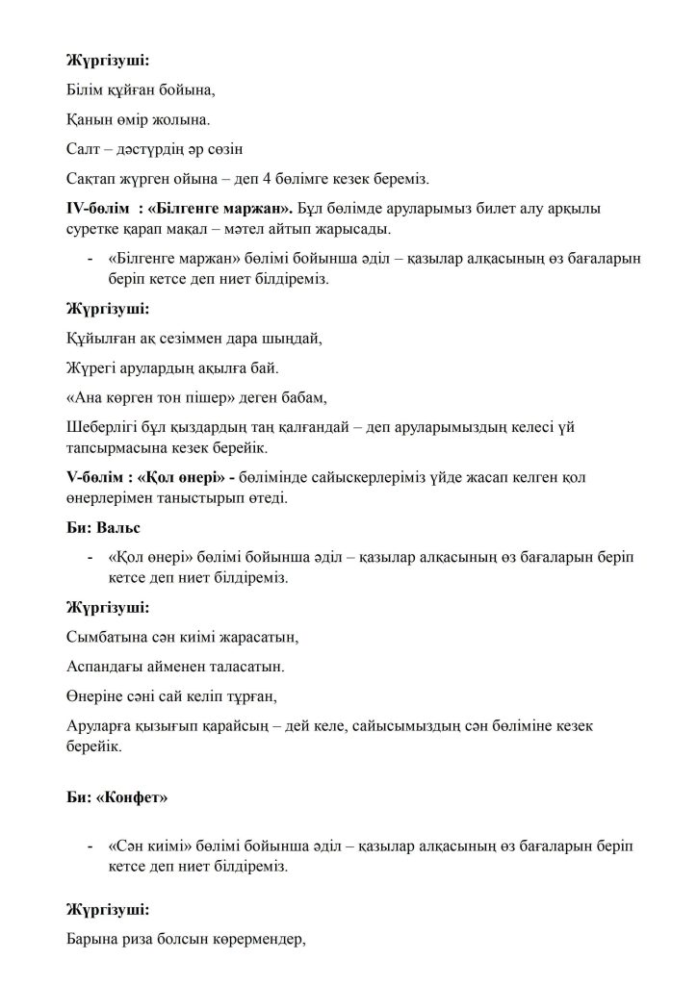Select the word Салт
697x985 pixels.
coord(84,151)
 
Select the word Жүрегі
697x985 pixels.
coord(91,367)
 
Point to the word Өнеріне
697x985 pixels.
coord(94,695)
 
